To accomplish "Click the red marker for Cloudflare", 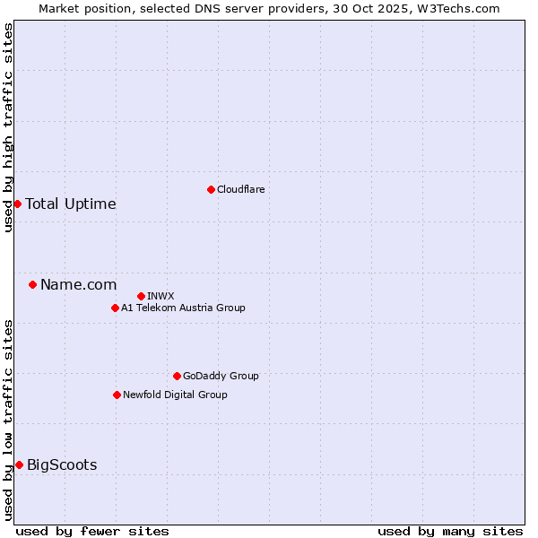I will [x=211, y=189].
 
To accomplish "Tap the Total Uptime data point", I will [x=17, y=204].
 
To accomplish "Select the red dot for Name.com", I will [x=32, y=284].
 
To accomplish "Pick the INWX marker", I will [x=141, y=296].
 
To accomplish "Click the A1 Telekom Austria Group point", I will [x=115, y=308].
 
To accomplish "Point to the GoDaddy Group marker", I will [x=177, y=376].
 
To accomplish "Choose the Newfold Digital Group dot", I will [x=117, y=395].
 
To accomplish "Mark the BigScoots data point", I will [x=19, y=464].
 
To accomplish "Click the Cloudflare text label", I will [x=240, y=189].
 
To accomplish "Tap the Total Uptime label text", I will [x=71, y=204].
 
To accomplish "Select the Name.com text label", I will [x=79, y=284].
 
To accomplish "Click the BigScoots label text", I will [x=62, y=464].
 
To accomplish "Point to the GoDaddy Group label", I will [x=221, y=376].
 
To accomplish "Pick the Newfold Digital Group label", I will [x=175, y=395].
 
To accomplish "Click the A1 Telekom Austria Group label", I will [x=183, y=308].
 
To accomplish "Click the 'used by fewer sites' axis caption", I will [x=92, y=531].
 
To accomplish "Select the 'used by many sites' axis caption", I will [x=450, y=531].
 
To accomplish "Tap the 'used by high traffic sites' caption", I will [x=8, y=127].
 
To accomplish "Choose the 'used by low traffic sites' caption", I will [x=8, y=420].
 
